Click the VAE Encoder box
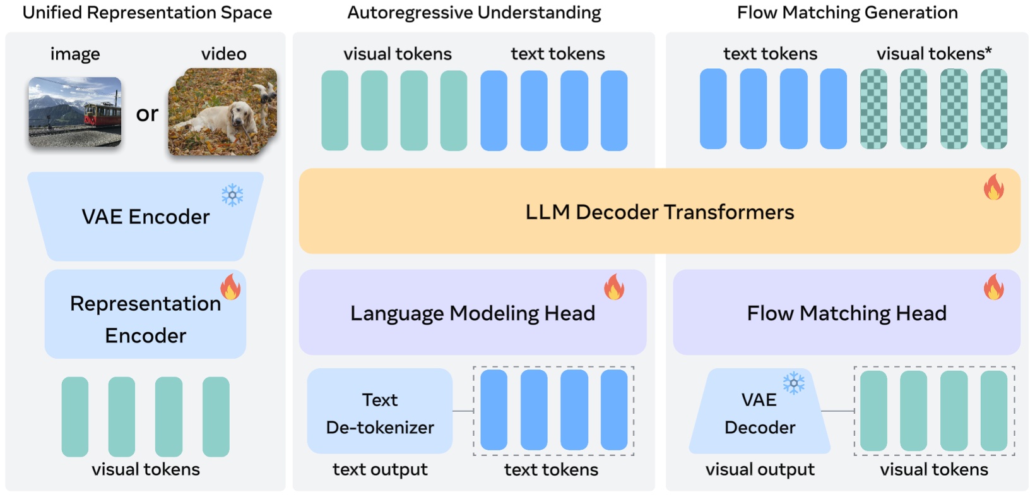(145, 217)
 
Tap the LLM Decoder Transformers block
(659, 212)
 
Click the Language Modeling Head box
(472, 313)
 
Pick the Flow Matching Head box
(846, 313)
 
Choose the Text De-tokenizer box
(380, 412)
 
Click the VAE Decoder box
(759, 413)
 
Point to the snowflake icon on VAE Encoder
(232, 195)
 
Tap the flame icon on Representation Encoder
(230, 287)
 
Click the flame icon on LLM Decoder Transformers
(993, 188)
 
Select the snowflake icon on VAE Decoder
(793, 383)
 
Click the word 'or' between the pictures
(147, 114)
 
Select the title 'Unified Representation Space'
(147, 13)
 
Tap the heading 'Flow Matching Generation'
(847, 13)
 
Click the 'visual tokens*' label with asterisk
(933, 54)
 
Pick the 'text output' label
(380, 469)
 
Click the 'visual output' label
(760, 469)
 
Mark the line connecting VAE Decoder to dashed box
(837, 411)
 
